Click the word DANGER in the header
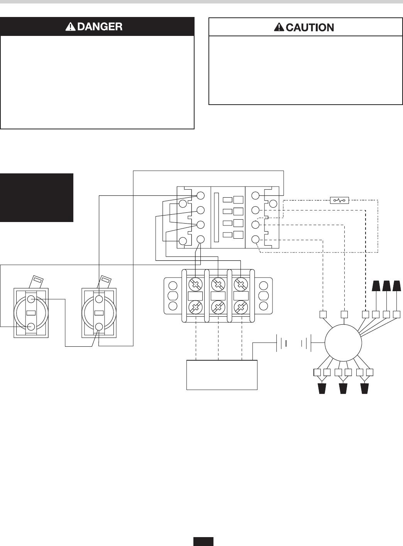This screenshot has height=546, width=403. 99,26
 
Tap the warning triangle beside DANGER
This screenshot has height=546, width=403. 70,27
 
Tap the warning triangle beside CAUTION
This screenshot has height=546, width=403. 279,27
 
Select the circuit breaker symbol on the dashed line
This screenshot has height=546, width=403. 340,200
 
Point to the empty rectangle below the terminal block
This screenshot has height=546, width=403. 222,375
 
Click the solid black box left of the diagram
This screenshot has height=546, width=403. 37,197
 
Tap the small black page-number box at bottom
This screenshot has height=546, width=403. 203,541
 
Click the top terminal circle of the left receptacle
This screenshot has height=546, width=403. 31,299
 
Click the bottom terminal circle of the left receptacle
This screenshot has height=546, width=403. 31,327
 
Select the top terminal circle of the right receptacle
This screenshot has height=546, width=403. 100,299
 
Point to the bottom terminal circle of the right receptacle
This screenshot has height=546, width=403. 100,327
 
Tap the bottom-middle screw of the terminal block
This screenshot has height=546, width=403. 218,308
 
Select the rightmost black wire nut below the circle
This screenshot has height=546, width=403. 364,388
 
